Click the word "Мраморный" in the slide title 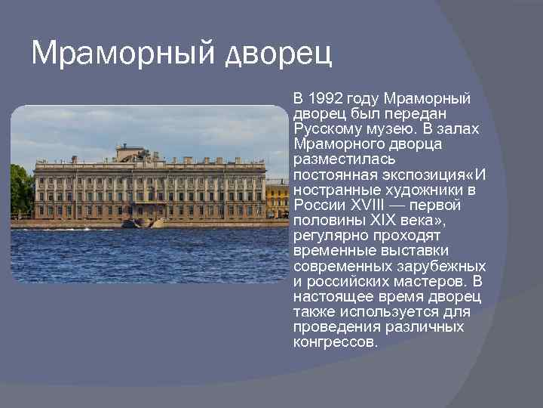pos(123,54)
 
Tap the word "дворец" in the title pos(279,54)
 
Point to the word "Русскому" pos(325,129)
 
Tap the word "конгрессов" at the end pos(334,342)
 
